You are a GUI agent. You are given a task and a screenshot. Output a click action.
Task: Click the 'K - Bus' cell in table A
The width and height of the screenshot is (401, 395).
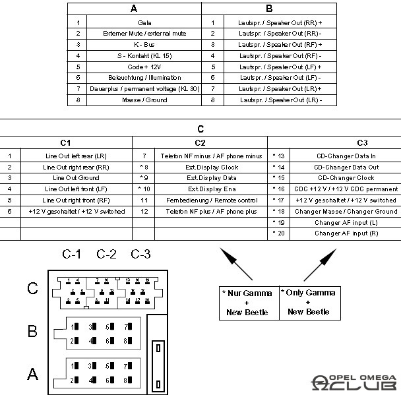[144, 44]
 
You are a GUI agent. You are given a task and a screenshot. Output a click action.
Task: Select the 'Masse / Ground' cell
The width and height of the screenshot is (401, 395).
[144, 100]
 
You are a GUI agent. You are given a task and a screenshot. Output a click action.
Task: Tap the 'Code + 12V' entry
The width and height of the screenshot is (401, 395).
[144, 67]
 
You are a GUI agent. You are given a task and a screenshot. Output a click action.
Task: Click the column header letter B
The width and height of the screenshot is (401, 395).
[268, 9]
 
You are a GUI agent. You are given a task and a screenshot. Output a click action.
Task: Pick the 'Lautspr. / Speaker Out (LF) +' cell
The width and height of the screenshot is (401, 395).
[280, 67]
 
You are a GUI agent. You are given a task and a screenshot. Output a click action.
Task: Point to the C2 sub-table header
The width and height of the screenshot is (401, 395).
[200, 142]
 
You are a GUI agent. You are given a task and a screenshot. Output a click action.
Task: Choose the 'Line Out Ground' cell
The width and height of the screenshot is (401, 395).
[75, 178]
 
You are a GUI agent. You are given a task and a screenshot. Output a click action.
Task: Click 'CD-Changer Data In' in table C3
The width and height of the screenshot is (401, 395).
[346, 156]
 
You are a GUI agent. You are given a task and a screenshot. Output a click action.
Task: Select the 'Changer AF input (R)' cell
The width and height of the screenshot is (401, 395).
[346, 233]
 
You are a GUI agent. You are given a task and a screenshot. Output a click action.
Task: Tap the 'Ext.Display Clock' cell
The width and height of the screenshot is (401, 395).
[212, 167]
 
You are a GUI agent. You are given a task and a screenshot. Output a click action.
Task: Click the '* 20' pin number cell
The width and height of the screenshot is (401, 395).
[278, 233]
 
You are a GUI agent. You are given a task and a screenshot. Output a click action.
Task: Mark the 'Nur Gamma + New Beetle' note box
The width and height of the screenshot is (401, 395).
[247, 302]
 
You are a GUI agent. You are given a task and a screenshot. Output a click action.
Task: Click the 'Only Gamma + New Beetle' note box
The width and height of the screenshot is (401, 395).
[308, 302]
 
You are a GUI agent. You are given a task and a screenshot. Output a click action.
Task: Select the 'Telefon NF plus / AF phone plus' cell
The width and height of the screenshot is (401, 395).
[212, 212]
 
